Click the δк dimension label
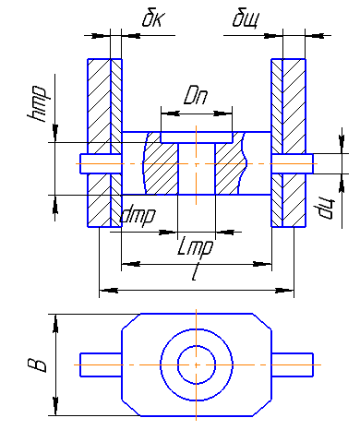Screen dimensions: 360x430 point(153,19)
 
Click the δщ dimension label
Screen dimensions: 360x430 point(246,20)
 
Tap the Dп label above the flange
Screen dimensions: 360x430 point(196,96)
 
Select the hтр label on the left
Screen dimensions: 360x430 point(37,104)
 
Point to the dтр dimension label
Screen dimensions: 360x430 point(138,216)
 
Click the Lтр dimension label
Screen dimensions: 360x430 point(195,246)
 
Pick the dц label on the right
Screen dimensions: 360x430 point(324,209)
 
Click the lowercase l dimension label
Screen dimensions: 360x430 point(194,273)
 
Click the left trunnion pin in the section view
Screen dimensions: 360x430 point(101,163)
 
